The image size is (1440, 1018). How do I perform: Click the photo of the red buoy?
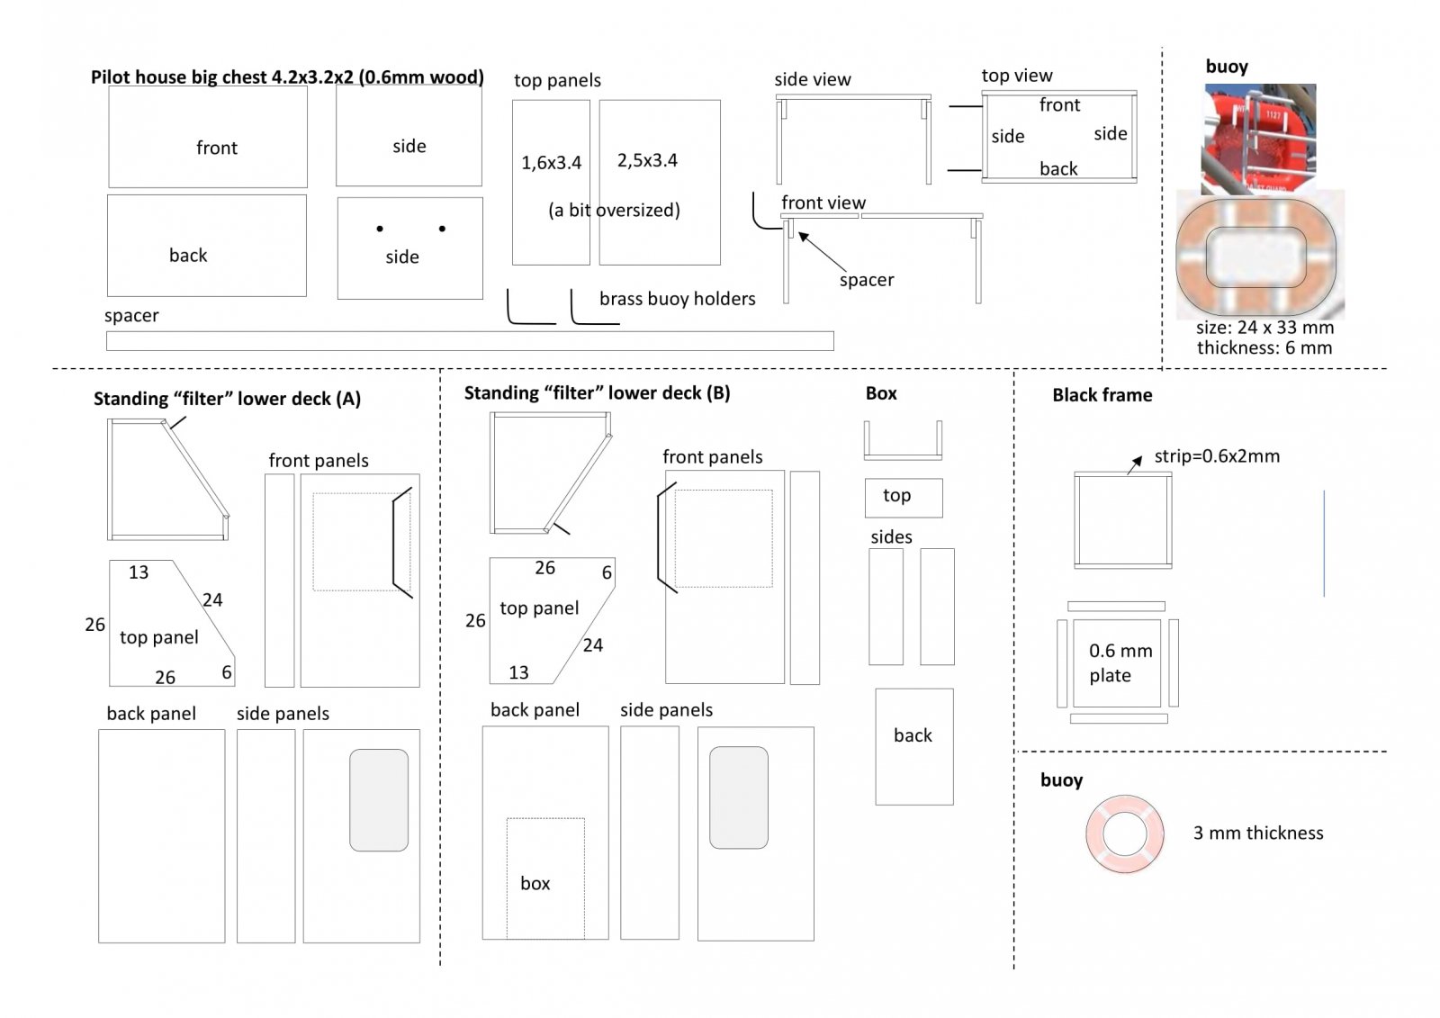pyautogui.click(x=1259, y=139)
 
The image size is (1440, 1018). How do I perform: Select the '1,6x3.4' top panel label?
pyautogui.click(x=551, y=163)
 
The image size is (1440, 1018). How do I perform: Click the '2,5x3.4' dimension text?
pyautogui.click(x=647, y=160)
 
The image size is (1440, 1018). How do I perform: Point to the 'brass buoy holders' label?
pyautogui.click(x=677, y=299)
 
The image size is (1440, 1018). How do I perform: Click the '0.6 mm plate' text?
pyautogui.click(x=1120, y=662)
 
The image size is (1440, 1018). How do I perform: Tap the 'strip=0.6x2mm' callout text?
pyautogui.click(x=1217, y=456)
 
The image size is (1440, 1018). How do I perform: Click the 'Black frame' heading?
pyautogui.click(x=1102, y=395)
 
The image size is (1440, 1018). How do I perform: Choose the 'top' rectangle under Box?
pyautogui.click(x=904, y=498)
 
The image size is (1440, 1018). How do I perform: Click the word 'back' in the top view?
pyautogui.click(x=1058, y=168)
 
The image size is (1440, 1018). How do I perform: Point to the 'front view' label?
pyautogui.click(x=823, y=203)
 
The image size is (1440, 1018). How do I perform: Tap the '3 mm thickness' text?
pyautogui.click(x=1258, y=833)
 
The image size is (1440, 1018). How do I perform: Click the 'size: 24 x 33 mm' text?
pyautogui.click(x=1264, y=328)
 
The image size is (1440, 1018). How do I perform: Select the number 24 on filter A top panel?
pyautogui.click(x=212, y=600)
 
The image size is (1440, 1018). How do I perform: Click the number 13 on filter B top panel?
pyautogui.click(x=518, y=672)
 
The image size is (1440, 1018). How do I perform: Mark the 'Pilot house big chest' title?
pyautogui.click(x=287, y=77)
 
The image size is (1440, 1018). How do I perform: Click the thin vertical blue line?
pyautogui.click(x=1324, y=544)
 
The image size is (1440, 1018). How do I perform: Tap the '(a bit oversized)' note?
pyautogui.click(x=614, y=211)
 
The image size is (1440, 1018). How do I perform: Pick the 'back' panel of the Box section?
pyautogui.click(x=913, y=746)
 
